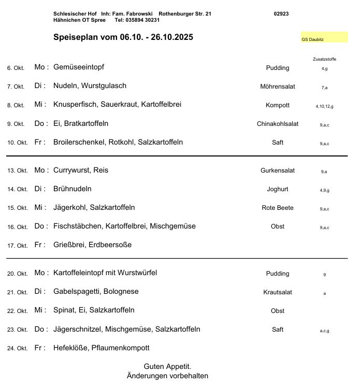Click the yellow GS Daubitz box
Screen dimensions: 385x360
[324, 38]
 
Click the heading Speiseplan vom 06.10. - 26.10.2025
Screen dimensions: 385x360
[123, 38]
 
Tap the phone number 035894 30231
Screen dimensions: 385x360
[137, 20]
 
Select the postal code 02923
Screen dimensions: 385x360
[281, 13]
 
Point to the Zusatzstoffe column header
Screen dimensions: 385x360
[325, 59]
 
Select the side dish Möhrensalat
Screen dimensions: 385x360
[277, 87]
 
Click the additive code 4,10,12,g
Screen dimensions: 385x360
[324, 106]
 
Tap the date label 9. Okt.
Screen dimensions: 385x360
[16, 124]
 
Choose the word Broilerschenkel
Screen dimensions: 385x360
[79, 142]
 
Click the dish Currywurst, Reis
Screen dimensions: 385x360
[81, 170]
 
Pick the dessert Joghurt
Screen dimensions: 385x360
[277, 189]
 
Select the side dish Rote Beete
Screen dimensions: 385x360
[278, 208]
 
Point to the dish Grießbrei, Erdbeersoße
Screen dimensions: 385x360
[93, 245]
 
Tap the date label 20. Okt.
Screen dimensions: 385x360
[17, 274]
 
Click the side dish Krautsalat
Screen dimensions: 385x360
[277, 292]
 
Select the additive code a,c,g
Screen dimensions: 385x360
[324, 330]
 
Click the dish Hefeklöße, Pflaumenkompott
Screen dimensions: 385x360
[102, 348]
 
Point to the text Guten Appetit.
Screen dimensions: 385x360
[168, 366]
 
